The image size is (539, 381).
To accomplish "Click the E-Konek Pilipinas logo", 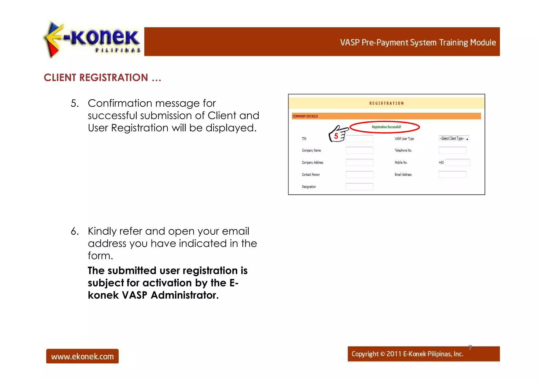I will click(92, 39).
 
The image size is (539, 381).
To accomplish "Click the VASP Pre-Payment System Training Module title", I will click(418, 42).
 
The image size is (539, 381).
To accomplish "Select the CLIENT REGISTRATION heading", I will click(102, 78).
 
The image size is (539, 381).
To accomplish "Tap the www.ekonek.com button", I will click(82, 356).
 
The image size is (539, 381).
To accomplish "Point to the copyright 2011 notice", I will click(407, 354).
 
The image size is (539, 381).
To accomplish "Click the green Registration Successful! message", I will click(386, 127).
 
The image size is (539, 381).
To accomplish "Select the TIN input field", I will click(359, 139).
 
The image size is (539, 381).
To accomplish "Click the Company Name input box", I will click(359, 150).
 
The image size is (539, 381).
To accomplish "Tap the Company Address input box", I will click(359, 162).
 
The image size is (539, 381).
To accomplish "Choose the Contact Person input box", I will click(359, 175).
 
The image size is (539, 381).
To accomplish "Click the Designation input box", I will click(359, 187).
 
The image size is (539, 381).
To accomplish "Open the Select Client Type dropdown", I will click(454, 138).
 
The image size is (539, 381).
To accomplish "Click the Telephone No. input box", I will click(452, 150).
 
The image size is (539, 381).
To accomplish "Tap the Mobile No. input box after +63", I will click(457, 162).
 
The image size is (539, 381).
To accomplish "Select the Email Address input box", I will click(452, 175).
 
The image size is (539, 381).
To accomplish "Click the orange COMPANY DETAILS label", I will click(305, 116).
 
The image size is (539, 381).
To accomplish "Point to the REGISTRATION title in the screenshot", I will click(386, 103).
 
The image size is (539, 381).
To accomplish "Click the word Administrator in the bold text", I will click(184, 295).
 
